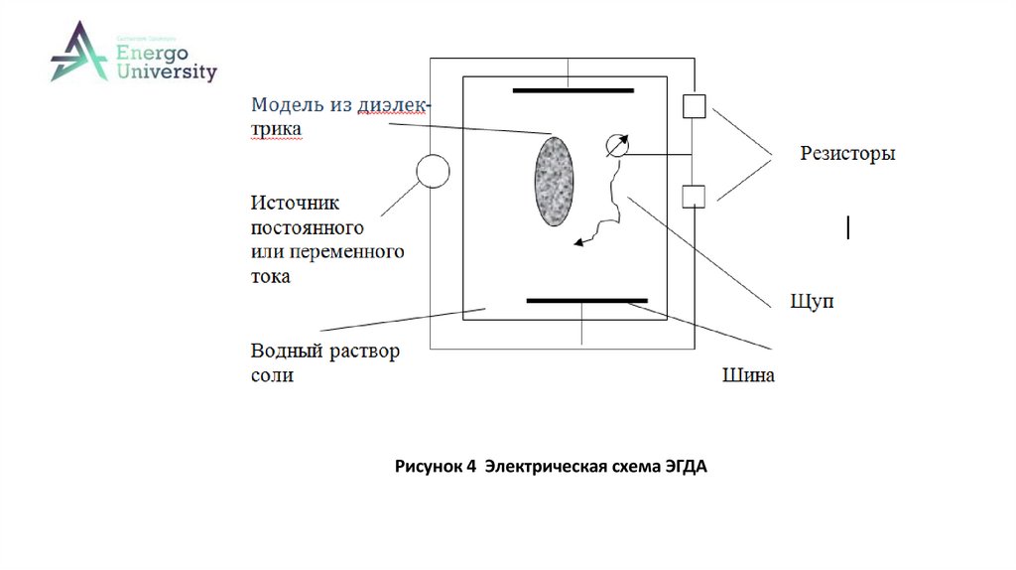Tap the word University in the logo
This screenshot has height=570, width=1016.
[x=166, y=71]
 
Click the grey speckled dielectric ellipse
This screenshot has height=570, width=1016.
[x=555, y=182]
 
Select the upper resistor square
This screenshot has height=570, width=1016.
[x=694, y=105]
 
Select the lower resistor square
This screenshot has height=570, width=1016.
[x=694, y=196]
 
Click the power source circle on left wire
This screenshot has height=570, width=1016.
[x=432, y=171]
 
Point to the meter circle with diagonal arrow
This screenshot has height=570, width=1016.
[x=615, y=146]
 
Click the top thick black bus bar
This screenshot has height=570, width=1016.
[x=572, y=91]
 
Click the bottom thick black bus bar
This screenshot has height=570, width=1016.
[x=586, y=299]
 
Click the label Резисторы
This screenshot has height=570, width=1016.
[x=848, y=154]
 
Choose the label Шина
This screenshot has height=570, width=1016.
[x=748, y=376]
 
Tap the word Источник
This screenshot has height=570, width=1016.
[x=295, y=204]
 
